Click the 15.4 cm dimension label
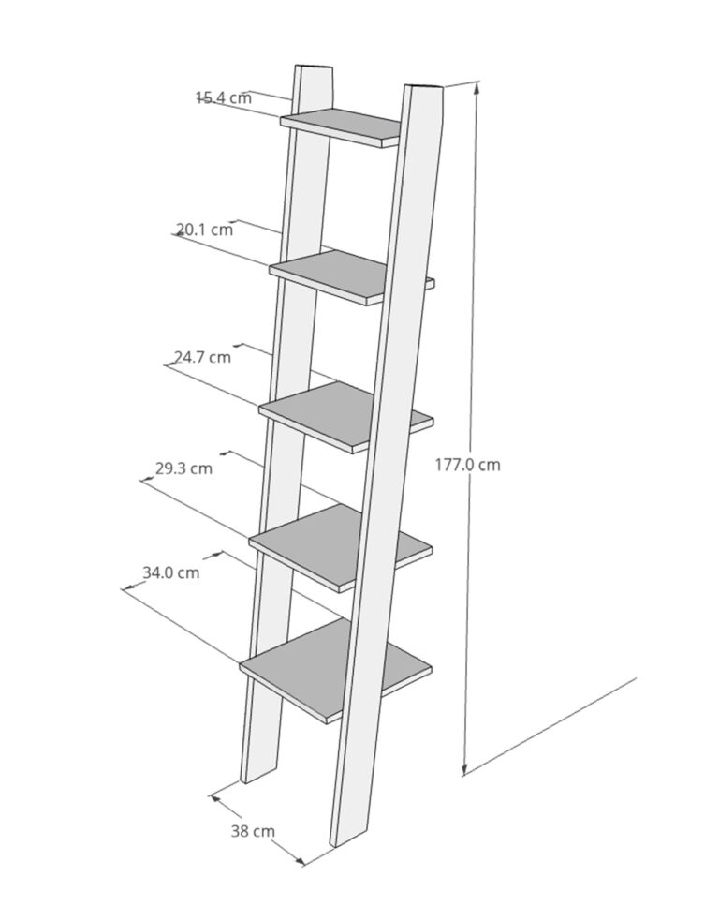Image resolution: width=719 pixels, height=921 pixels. pos(224,97)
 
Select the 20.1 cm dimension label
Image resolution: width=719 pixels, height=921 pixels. pos(205,229)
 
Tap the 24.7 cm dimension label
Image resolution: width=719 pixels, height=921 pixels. pos(202,357)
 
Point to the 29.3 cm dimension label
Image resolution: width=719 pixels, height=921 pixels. pos(183,468)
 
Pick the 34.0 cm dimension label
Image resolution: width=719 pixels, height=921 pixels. pos(170,572)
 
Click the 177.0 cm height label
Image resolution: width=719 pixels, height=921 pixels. pos(468,465)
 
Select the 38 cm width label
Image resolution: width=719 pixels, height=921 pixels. pos(253,831)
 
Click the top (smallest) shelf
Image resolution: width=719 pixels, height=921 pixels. pos(341,126)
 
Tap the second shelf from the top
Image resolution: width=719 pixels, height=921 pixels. pos(352,277)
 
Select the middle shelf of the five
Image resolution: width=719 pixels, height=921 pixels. pos(346,417)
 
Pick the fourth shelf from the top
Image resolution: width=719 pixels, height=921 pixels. pos(341,547)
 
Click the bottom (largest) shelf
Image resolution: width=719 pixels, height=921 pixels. pos(336,670)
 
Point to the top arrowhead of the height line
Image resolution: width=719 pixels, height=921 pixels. pos(477,87)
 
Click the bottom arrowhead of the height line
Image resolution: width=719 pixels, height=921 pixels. pos(465,769)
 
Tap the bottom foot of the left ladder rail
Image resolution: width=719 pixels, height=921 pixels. pos(258,772)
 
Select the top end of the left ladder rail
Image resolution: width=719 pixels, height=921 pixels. pos(314,67)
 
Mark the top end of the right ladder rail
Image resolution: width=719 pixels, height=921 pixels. pos(423,87)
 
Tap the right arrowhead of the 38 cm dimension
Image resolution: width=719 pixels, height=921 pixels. pos(300,862)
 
